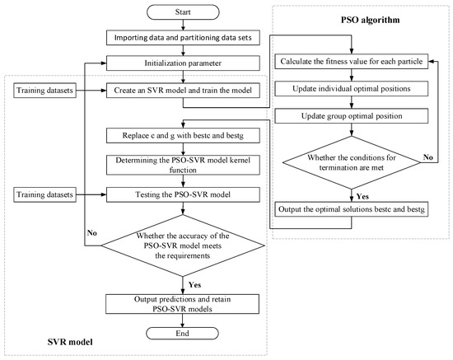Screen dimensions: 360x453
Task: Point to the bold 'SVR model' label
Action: [x=68, y=339]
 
